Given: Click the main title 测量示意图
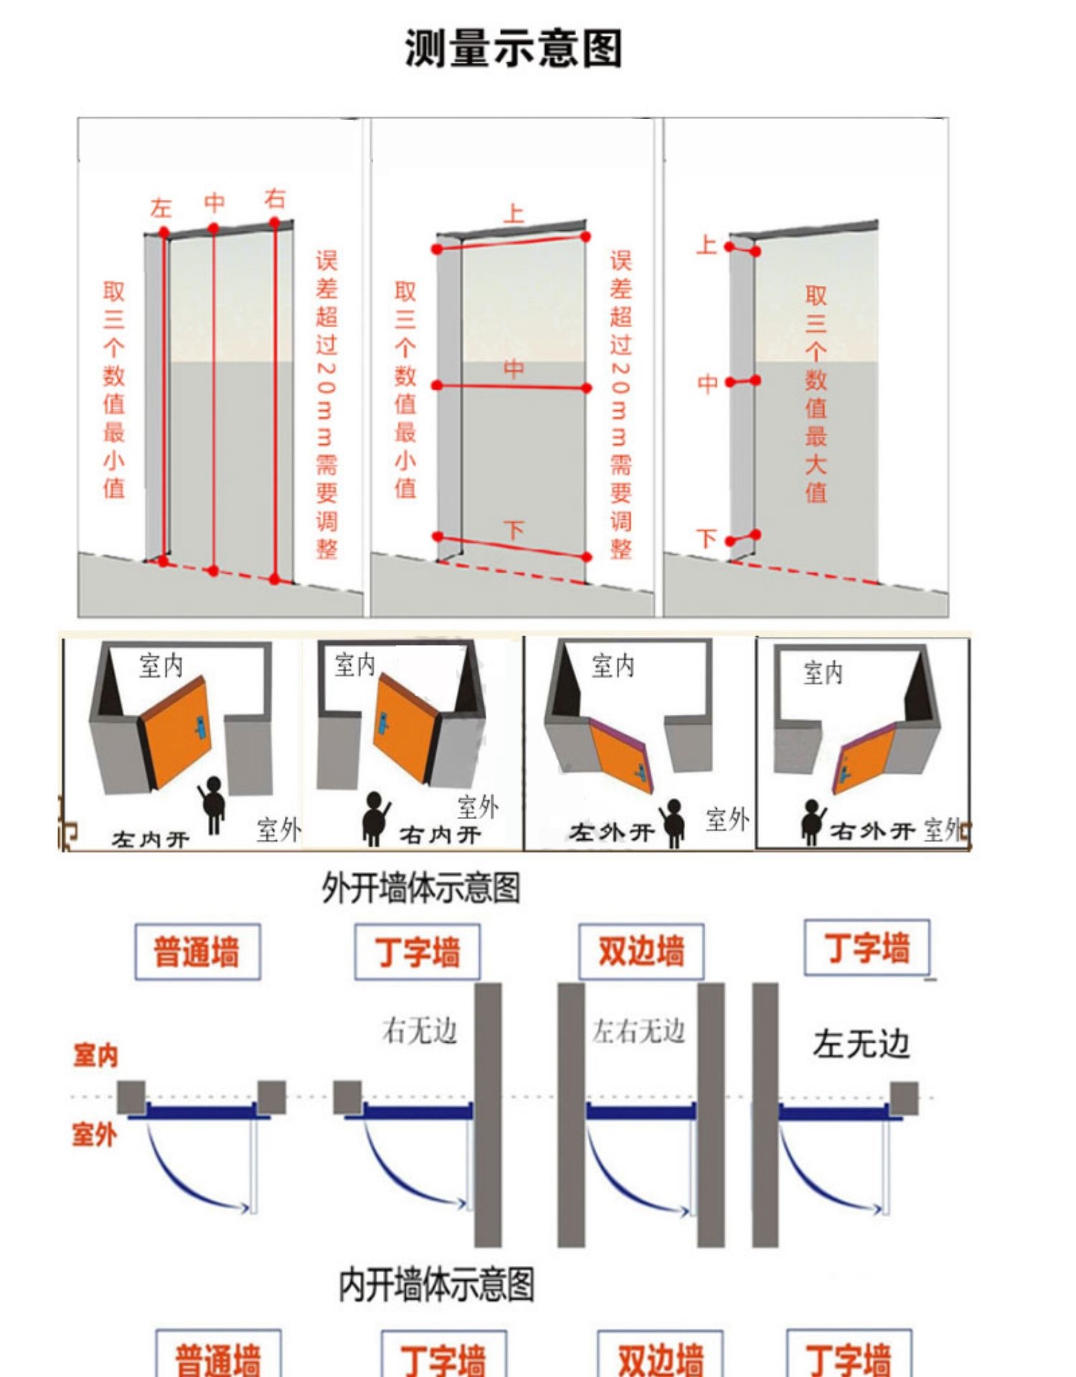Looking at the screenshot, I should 513,48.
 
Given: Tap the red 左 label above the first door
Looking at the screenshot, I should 161,208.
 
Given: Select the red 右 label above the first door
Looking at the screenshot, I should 275,198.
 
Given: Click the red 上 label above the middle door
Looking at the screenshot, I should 514,213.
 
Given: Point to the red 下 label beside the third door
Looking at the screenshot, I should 707,538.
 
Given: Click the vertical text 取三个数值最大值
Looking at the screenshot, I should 816,394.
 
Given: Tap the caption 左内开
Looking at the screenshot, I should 151,839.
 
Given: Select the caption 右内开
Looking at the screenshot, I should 440,835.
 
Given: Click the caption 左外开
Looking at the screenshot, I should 611,833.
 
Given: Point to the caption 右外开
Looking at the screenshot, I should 872,831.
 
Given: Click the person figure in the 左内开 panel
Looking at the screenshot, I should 213,804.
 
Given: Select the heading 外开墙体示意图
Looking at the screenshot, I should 420,888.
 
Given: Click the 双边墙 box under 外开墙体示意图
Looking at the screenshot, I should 641,952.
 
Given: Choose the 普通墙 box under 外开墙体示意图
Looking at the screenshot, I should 197,952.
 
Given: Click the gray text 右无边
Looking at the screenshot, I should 420,1031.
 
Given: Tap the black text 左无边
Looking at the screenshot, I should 861,1044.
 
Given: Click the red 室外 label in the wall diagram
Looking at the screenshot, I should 94,1135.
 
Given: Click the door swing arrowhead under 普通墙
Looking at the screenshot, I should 245,1209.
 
